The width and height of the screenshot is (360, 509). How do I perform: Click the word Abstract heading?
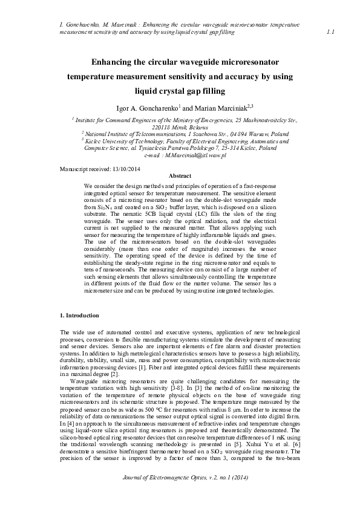179,175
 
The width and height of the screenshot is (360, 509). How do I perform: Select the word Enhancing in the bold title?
113,62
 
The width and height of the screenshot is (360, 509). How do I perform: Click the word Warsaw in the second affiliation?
241,134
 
